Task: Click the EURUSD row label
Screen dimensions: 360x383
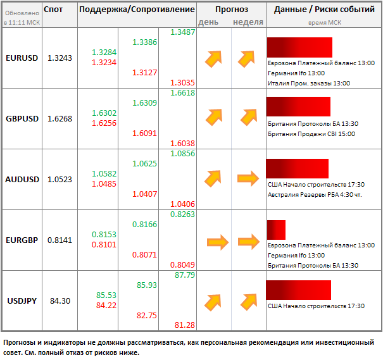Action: [x=22, y=58]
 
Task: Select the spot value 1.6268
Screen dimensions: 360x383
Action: [x=60, y=118]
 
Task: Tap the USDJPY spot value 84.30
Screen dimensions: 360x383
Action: [x=60, y=301]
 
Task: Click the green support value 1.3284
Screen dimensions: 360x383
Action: [x=104, y=52]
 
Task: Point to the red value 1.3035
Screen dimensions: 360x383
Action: [x=182, y=83]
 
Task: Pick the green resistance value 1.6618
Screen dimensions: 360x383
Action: [x=182, y=93]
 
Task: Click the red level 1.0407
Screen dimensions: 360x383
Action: [x=144, y=194]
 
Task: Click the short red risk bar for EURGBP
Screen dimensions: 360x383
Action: [x=277, y=230]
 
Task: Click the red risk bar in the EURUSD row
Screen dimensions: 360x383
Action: [x=300, y=47]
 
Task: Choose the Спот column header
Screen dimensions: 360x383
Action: [x=53, y=10]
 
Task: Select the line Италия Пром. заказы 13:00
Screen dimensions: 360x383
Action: [x=308, y=83]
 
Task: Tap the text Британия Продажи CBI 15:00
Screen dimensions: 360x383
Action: [x=311, y=133]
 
